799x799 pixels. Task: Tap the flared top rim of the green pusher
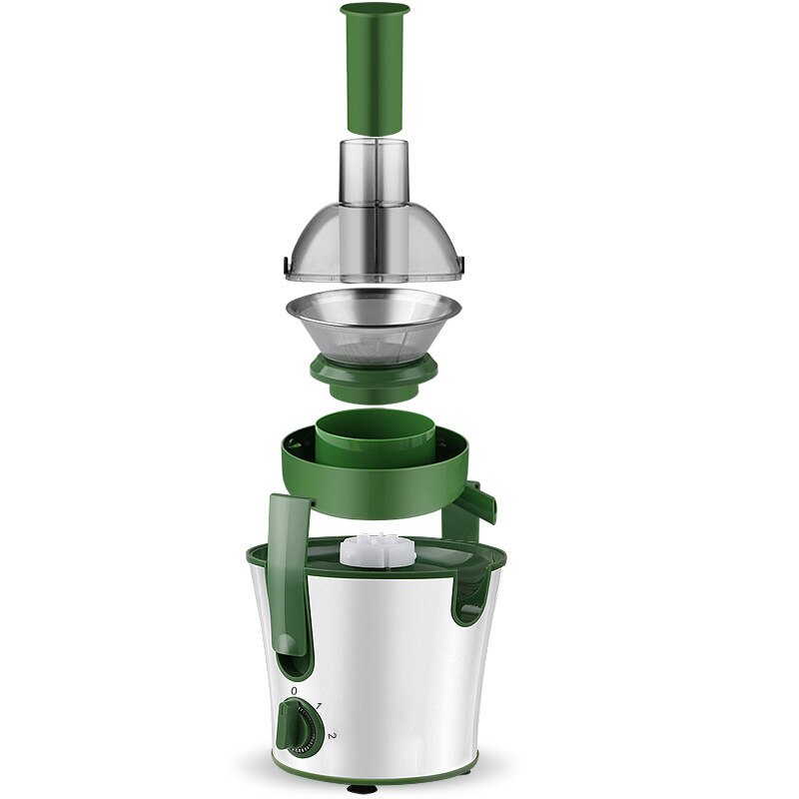click(375, 11)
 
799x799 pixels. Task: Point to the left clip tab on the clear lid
click(287, 264)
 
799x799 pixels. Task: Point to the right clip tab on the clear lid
click(462, 264)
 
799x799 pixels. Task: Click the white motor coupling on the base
click(375, 550)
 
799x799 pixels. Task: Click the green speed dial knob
click(295, 721)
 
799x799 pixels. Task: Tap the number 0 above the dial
click(294, 690)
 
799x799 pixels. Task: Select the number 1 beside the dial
click(319, 707)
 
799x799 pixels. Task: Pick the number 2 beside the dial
click(331, 738)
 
